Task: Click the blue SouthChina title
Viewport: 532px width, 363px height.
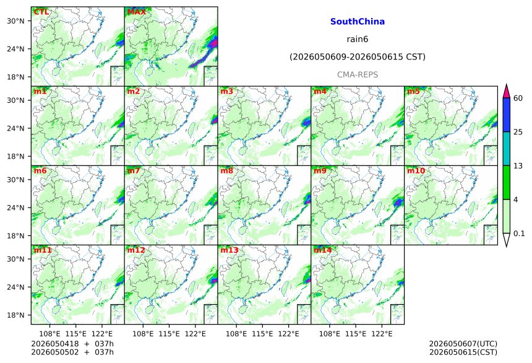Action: point(358,22)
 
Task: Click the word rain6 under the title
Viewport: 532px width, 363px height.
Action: point(358,39)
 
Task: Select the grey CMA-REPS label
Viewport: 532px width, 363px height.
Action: point(358,74)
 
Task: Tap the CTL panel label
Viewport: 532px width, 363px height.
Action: point(41,12)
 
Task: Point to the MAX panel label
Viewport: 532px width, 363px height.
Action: point(136,12)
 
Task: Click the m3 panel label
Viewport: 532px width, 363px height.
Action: point(226,92)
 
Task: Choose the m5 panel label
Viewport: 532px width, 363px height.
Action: point(413,92)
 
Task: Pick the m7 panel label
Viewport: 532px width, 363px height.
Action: point(134,170)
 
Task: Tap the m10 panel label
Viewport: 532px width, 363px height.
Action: point(416,170)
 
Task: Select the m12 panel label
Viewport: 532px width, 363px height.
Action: point(136,250)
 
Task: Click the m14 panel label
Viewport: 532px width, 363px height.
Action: point(323,250)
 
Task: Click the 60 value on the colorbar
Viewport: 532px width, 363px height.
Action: point(518,98)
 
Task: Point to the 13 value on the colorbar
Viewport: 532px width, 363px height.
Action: point(518,165)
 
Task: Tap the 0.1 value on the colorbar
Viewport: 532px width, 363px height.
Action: point(519,233)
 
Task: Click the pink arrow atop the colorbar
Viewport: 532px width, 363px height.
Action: point(506,92)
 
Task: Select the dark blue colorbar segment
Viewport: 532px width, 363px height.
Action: point(506,115)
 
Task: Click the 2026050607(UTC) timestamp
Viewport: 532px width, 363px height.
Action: point(463,344)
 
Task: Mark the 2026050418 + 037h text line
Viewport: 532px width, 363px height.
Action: point(72,344)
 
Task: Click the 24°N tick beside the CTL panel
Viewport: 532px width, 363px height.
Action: point(15,49)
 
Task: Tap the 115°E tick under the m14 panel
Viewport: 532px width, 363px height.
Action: point(356,334)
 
